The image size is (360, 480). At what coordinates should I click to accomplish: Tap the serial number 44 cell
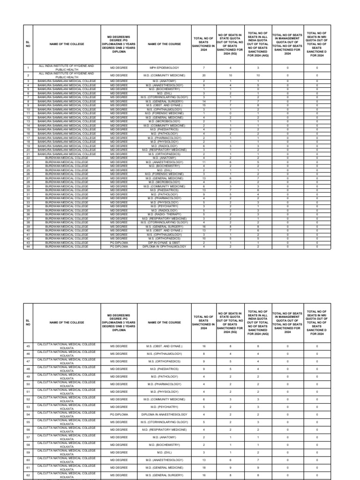(x=28, y=246)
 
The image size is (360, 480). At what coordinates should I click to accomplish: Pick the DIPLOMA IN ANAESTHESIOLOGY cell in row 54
(x=164, y=414)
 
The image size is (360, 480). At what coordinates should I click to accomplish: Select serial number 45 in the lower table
(x=28, y=346)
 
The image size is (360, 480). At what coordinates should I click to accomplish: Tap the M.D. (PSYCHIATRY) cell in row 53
(x=164, y=407)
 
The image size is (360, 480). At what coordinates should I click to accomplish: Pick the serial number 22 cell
(x=28, y=158)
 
